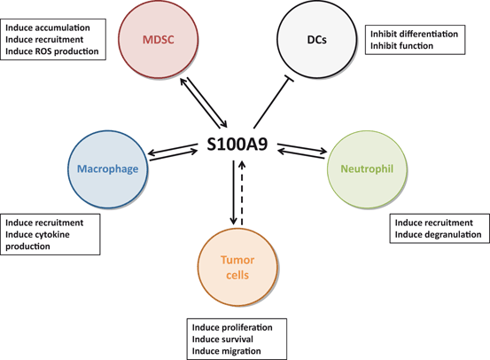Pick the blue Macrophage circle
pyautogui.click(x=105, y=168)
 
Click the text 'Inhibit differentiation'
pyautogui.click(x=413, y=34)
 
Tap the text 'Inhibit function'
pyautogui.click(x=401, y=46)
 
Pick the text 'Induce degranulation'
pyautogui.click(x=438, y=234)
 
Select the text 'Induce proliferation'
pyautogui.click(x=232, y=327)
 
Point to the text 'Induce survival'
pyautogui.click(x=222, y=340)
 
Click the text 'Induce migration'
pyautogui.click(x=226, y=352)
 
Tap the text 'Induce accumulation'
pyautogui.click(x=52, y=27)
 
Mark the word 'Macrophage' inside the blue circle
pyautogui.click(x=105, y=168)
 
